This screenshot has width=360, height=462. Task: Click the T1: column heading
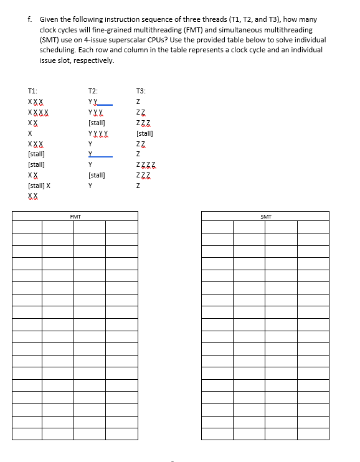tap(33, 90)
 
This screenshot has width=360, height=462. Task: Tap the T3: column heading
tap(141, 90)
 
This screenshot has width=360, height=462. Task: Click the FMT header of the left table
tap(75, 216)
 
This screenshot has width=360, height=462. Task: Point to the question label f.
tap(30, 19)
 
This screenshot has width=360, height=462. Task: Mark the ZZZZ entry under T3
tap(146, 164)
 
